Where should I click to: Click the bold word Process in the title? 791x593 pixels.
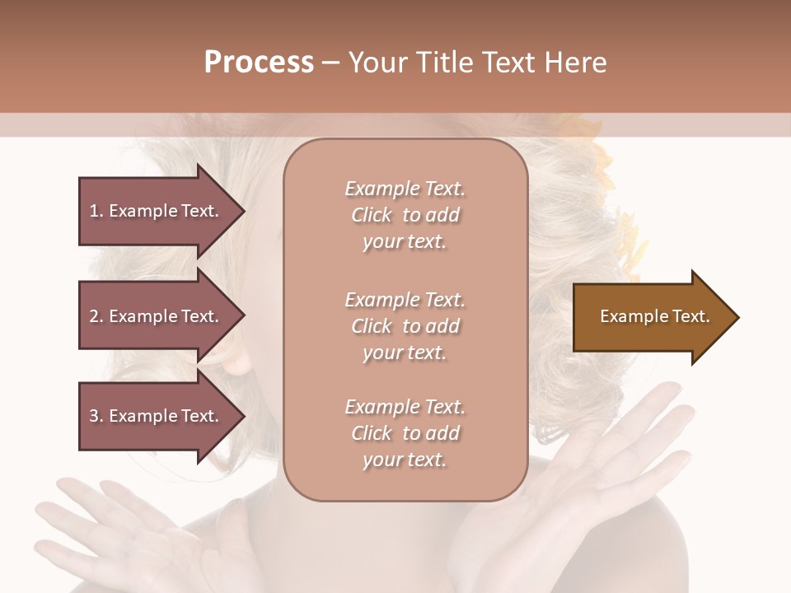coord(259,63)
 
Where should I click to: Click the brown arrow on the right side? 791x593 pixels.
coord(651,317)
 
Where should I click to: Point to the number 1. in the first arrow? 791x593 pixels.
coord(96,211)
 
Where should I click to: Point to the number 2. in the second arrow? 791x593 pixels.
coord(96,316)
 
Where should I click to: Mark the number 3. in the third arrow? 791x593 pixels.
coord(96,416)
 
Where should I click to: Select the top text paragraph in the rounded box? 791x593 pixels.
coord(405,215)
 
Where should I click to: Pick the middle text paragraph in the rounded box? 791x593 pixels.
coord(405,326)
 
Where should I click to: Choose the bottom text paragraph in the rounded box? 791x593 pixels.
coord(405,433)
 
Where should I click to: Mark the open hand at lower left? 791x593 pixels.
coord(115,527)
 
